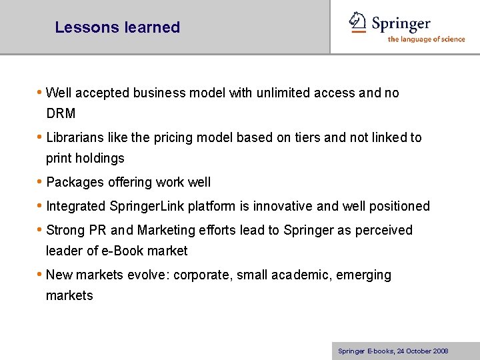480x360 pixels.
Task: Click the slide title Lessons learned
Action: click(x=117, y=27)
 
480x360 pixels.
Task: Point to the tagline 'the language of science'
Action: click(x=426, y=39)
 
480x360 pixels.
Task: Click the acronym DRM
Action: click(x=61, y=114)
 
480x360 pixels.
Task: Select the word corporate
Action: click(x=198, y=275)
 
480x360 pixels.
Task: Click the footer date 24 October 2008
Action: click(x=421, y=351)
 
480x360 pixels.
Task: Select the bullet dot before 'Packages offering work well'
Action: click(x=40, y=182)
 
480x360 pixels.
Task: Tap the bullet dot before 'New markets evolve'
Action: click(x=40, y=275)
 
